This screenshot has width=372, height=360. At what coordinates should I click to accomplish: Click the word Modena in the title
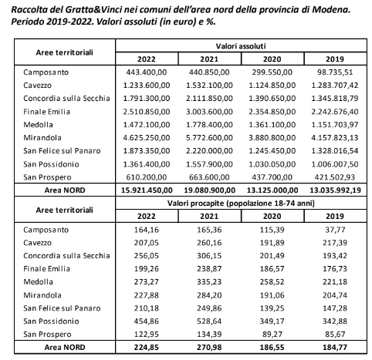point(331,10)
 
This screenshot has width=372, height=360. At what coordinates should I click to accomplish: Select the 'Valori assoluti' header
point(241,46)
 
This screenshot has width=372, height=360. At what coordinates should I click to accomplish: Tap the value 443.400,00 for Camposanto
point(147,72)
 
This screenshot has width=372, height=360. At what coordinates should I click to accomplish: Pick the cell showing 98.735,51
point(335,72)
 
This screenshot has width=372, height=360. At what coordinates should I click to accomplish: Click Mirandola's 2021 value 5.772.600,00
point(209,138)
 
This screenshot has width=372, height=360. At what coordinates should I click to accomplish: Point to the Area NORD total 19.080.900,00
point(210,190)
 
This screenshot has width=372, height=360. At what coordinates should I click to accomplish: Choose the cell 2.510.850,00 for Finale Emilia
point(147,112)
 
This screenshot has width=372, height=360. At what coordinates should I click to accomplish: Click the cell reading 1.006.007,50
point(335,164)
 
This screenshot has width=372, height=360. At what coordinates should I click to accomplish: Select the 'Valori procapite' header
point(241,204)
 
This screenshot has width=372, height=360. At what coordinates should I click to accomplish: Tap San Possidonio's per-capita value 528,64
point(209,321)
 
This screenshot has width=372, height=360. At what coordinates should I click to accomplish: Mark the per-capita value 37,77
point(335,230)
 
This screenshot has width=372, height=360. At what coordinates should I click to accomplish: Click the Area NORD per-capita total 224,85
point(147,348)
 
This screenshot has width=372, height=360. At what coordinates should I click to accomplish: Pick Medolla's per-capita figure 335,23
point(209,282)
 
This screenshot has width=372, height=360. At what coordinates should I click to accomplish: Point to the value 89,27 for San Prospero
point(272,335)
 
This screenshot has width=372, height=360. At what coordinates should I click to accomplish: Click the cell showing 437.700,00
point(272,177)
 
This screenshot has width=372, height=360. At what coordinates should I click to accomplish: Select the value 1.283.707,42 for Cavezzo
point(335,86)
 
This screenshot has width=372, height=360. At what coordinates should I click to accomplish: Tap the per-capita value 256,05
point(147,256)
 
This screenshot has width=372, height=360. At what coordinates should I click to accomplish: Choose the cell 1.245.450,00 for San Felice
point(272,151)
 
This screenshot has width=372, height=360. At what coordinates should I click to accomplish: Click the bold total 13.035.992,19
point(336,190)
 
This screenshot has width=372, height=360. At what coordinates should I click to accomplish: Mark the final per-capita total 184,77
point(335,348)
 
